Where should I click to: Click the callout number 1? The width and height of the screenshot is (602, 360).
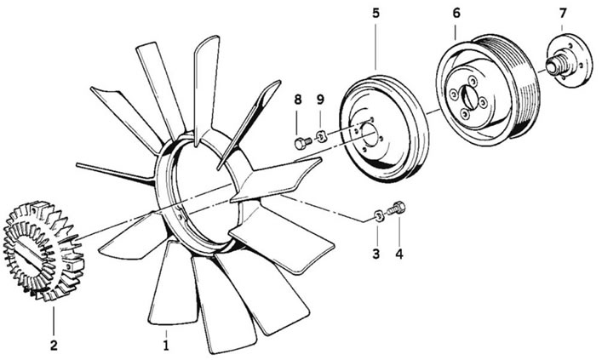166,345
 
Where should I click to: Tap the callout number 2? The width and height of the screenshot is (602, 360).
54,345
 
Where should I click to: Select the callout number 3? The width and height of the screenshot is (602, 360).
376,254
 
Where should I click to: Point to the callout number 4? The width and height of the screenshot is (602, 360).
399,254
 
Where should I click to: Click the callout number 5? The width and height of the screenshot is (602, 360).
376,13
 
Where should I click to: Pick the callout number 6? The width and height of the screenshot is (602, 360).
456,13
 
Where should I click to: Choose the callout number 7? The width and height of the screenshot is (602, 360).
563,13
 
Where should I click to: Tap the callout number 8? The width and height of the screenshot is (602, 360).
298,100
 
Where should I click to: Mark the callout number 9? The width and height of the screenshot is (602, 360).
320,100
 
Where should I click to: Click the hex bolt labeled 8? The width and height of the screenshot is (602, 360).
303,143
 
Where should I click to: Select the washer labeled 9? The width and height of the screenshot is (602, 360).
321,136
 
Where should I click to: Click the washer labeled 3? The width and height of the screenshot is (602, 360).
378,216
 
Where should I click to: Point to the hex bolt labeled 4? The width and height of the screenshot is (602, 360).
396,209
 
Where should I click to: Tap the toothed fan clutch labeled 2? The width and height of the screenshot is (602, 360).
43,250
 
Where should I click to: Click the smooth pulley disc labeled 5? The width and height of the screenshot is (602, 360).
384,129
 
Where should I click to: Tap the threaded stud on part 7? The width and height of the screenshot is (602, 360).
553,64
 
